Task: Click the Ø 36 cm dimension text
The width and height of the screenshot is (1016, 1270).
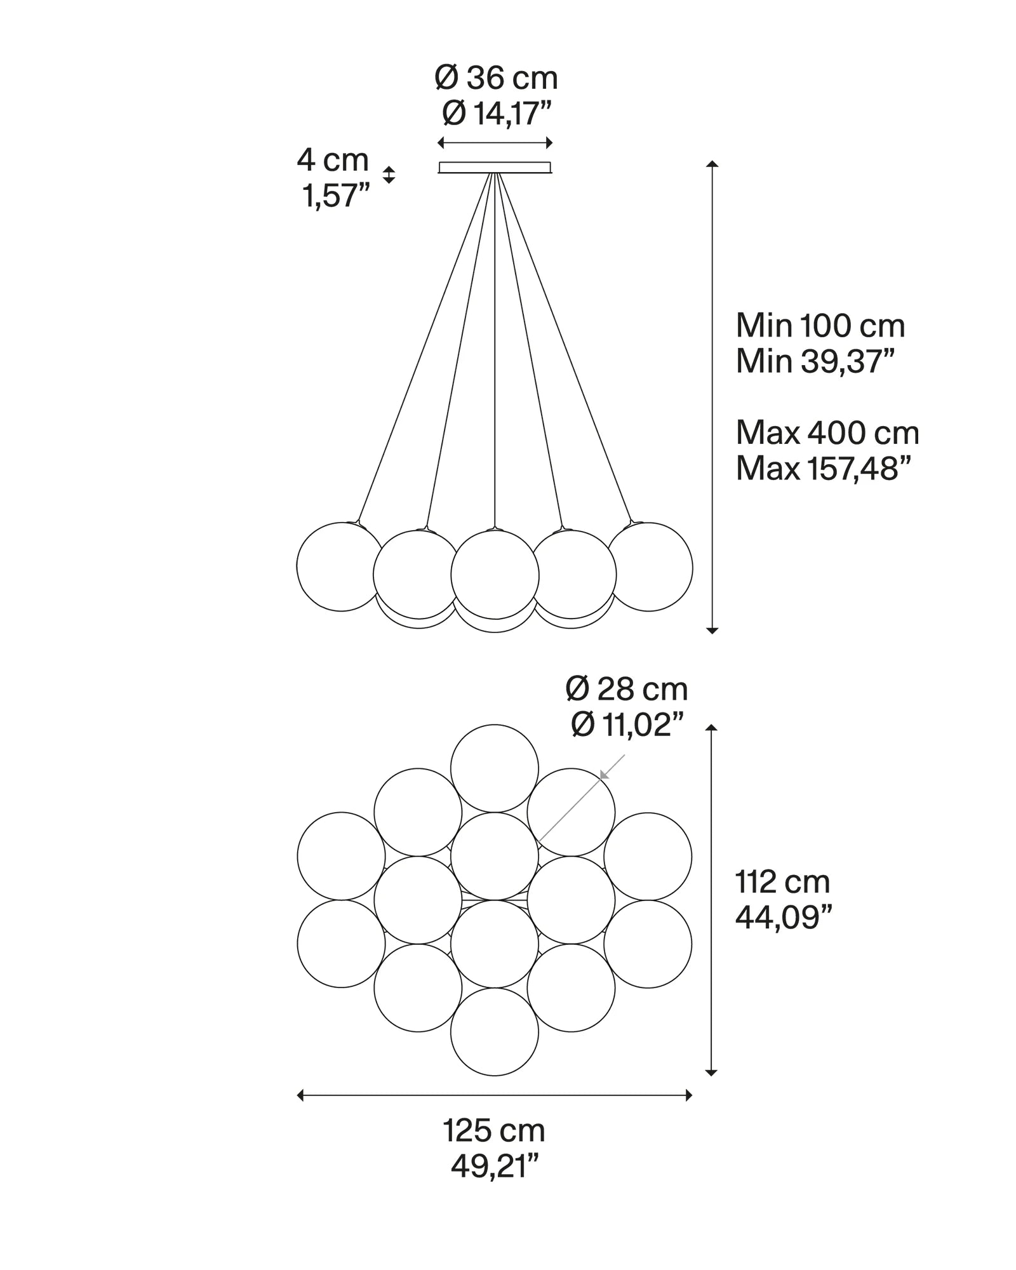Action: (x=496, y=79)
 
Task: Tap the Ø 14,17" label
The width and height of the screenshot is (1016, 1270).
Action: (x=496, y=114)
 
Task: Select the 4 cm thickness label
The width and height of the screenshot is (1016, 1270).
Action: (x=332, y=160)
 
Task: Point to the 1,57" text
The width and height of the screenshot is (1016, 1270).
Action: (x=335, y=196)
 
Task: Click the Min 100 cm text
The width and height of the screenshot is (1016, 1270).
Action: (x=820, y=326)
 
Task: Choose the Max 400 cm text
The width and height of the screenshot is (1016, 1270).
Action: (x=827, y=434)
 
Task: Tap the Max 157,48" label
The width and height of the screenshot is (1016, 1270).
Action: (x=823, y=469)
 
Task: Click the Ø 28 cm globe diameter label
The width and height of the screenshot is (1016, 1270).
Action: (x=626, y=689)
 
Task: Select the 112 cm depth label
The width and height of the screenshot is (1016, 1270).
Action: (x=782, y=882)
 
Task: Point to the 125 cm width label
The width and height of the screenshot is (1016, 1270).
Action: (x=493, y=1131)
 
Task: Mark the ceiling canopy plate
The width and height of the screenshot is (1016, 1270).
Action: (x=495, y=168)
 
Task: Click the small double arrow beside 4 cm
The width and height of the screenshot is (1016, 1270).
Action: (x=389, y=175)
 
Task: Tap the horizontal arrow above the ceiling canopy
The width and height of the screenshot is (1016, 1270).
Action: (x=495, y=143)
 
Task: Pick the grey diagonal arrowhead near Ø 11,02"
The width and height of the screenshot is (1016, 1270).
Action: (x=605, y=773)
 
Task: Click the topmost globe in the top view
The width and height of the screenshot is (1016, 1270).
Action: (x=495, y=768)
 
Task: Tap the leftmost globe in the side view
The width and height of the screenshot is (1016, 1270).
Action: (x=341, y=566)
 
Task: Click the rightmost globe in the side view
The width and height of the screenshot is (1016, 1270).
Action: (x=649, y=566)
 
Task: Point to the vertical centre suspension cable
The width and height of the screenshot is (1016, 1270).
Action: (x=495, y=349)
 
